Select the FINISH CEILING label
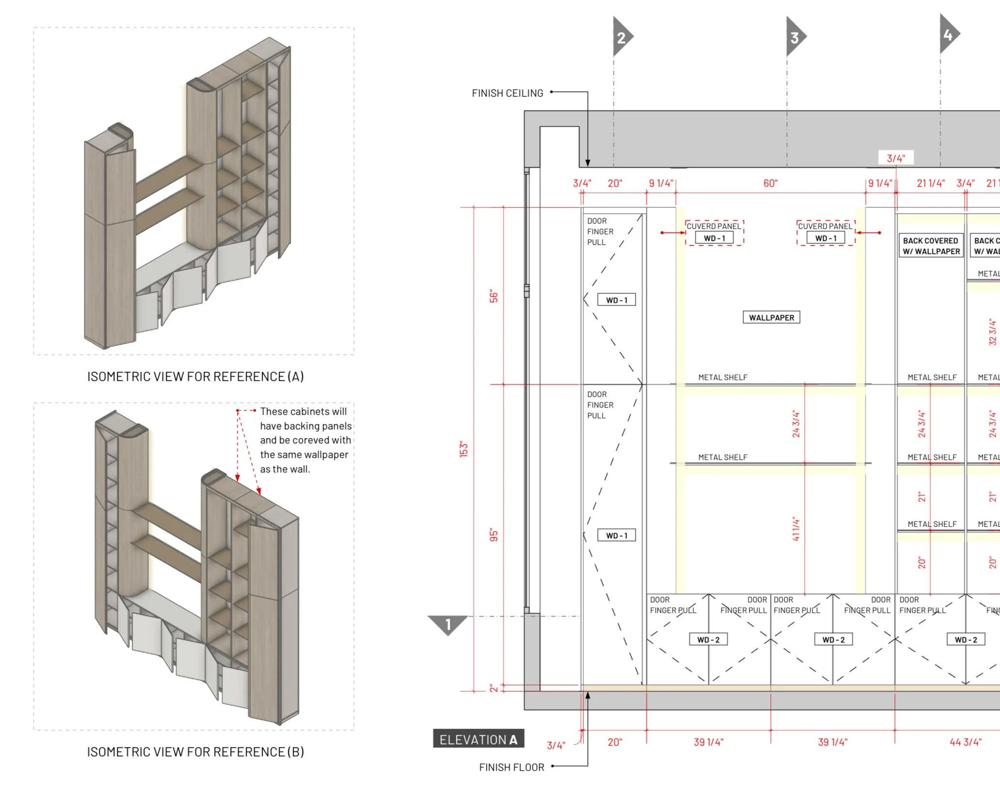point(507,93)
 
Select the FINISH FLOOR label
point(511,767)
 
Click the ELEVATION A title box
point(478,739)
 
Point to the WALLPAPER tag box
point(771,317)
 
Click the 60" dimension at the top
point(770,183)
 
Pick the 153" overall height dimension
point(464,449)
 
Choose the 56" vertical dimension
point(494,296)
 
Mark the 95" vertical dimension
point(494,535)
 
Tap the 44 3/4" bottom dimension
point(965,742)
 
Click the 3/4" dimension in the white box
point(895,158)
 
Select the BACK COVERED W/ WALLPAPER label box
point(931,246)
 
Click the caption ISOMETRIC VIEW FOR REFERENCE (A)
point(195,376)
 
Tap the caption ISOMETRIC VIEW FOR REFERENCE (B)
point(195,752)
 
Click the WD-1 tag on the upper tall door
point(616,300)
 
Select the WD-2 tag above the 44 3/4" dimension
point(966,639)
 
